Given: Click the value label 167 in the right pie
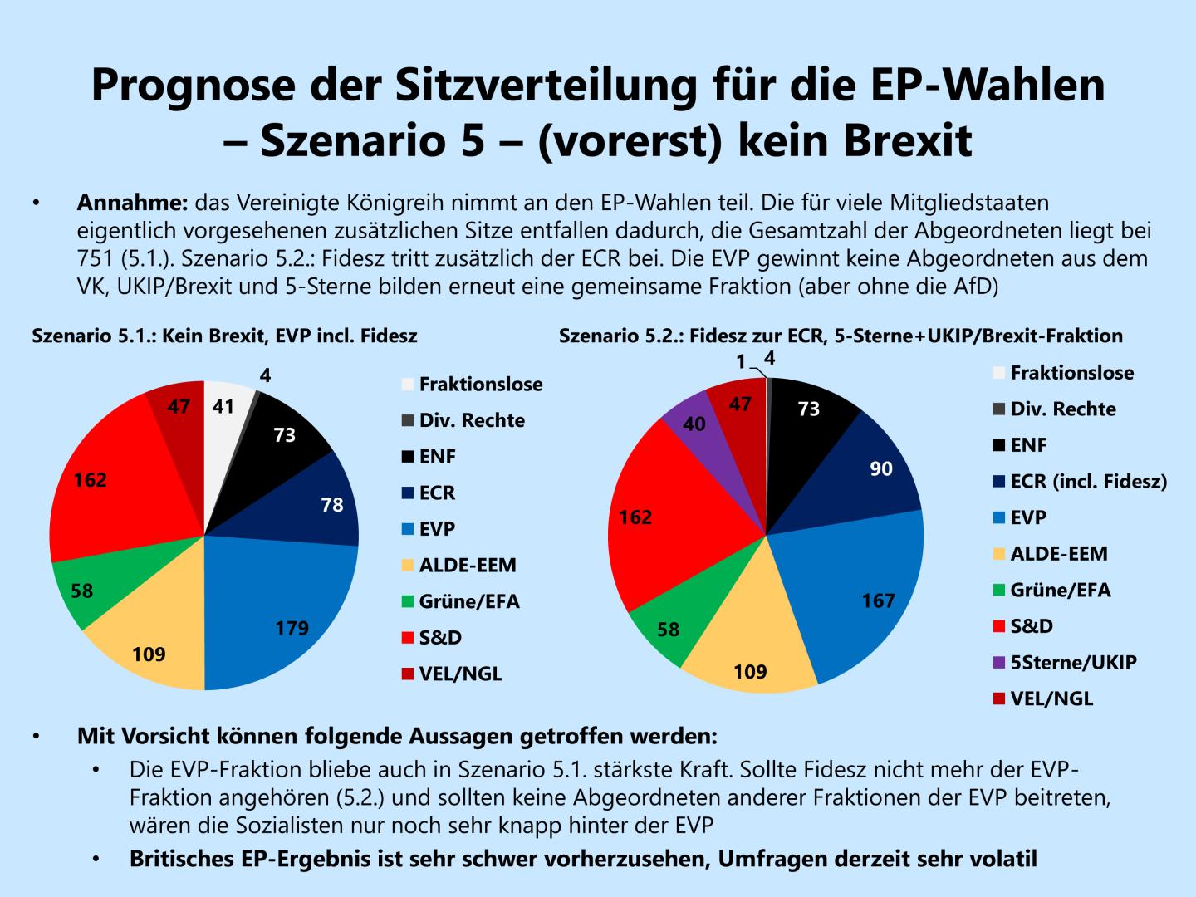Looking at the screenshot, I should tap(879, 600).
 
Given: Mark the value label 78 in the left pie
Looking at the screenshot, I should tap(332, 505).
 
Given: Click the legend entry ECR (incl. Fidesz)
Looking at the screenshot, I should tap(1088, 481).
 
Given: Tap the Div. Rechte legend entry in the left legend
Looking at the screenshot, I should tap(472, 420).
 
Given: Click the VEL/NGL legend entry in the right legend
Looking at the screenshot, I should tap(1051, 698).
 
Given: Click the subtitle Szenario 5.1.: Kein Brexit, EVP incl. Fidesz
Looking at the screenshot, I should tap(224, 336).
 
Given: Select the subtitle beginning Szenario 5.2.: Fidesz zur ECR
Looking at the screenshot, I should tap(841, 336).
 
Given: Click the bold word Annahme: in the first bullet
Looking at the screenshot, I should tap(133, 203).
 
